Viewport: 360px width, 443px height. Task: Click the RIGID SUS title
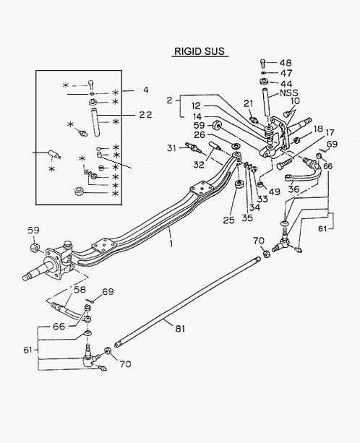tap(200, 51)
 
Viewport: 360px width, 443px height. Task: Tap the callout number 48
tap(286, 63)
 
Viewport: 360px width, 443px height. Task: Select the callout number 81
tap(180, 329)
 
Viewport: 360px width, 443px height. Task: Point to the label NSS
tap(289, 93)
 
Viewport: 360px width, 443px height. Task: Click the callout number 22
tap(145, 115)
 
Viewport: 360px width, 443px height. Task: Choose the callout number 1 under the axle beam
tap(171, 243)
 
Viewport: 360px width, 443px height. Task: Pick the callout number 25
tap(229, 220)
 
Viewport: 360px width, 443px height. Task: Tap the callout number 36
tap(293, 189)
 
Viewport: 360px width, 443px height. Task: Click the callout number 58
tap(80, 289)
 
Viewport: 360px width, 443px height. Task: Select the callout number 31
tap(171, 147)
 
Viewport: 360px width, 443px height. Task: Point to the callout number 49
tap(274, 192)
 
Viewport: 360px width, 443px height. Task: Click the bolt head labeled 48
tap(262, 62)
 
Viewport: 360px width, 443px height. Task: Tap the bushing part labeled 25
tap(240, 186)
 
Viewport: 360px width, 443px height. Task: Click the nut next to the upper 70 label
tap(267, 254)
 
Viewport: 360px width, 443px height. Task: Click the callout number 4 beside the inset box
tap(145, 90)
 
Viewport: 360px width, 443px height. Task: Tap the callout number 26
tap(200, 134)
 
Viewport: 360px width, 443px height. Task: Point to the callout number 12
tap(196, 106)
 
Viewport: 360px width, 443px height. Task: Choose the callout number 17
tap(330, 132)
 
